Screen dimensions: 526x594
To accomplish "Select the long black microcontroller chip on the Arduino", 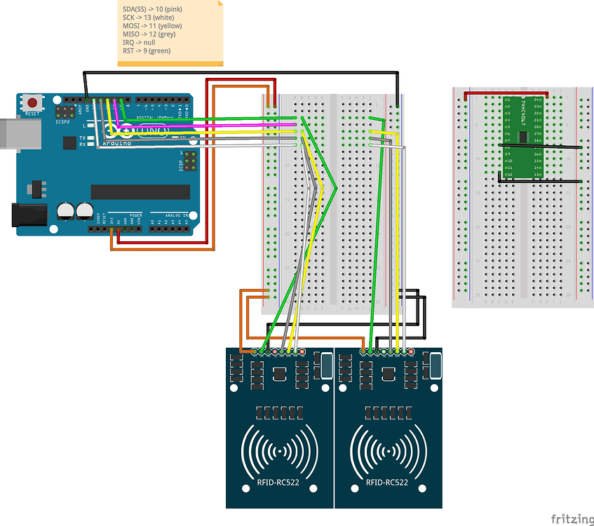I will pyautogui.click(x=140, y=192).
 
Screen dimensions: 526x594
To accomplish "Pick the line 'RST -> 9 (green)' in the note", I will pyautogui.click(x=146, y=50).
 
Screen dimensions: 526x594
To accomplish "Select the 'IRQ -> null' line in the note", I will pyautogui.click(x=138, y=43).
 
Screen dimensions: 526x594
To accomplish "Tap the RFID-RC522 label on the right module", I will pyautogui.click(x=388, y=483).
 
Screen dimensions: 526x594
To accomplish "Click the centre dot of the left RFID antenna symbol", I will pyautogui.click(x=280, y=452).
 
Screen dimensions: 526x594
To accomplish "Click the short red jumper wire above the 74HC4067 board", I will pyautogui.click(x=505, y=92).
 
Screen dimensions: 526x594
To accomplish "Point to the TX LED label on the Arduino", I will pyautogui.click(x=82, y=137).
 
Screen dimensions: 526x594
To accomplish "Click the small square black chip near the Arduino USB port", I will pyautogui.click(x=69, y=143).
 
